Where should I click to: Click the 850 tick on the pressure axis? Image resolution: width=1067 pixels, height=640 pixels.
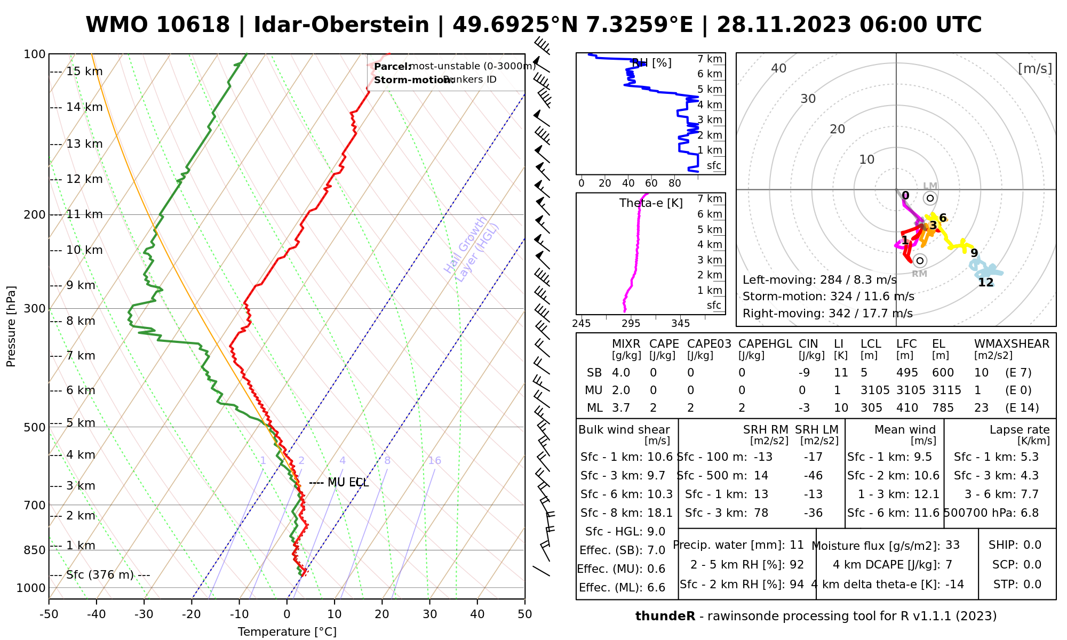point(35,550)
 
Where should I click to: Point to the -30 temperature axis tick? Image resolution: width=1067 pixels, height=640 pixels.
point(144,614)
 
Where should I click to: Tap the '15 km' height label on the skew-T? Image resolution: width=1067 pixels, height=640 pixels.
point(84,71)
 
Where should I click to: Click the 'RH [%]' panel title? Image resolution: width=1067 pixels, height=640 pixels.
point(651,63)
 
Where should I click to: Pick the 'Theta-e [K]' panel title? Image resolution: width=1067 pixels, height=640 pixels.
point(651,203)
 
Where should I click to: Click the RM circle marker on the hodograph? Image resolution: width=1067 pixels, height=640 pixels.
point(919,260)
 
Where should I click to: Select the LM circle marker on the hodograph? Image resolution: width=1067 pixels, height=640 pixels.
point(930,198)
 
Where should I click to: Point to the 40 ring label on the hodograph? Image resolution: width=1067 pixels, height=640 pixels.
point(779,68)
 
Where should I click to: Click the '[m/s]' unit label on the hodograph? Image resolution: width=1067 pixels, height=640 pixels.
point(1035,69)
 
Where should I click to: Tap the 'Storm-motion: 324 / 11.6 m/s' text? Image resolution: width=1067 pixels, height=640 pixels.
point(828,297)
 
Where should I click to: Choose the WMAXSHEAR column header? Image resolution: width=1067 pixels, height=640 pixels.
point(1012,344)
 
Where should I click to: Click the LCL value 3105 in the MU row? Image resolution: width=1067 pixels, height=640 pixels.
point(875,390)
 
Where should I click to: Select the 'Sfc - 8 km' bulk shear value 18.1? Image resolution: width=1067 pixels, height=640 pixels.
point(660,513)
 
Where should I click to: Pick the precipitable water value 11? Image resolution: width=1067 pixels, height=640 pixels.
point(797,545)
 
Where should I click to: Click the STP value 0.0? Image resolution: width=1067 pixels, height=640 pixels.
point(1032,585)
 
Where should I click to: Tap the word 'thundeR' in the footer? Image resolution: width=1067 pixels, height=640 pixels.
point(665,617)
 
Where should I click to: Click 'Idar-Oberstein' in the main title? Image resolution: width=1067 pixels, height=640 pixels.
point(341,25)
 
